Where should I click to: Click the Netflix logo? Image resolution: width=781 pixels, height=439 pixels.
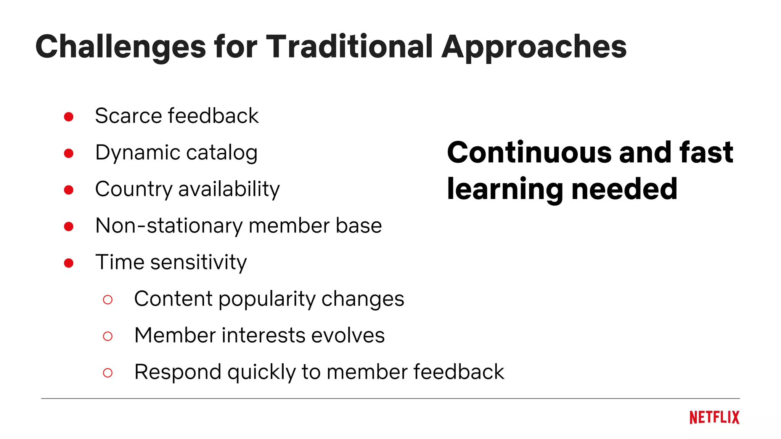[x=714, y=418]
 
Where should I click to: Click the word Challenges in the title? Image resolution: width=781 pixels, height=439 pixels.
[x=121, y=47]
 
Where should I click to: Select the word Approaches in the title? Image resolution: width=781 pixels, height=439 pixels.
[x=534, y=47]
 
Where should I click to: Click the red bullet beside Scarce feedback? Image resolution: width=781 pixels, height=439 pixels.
[x=69, y=117]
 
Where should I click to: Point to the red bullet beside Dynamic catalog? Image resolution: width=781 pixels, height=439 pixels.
[x=69, y=153]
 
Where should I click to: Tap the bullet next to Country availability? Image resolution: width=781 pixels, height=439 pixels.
[x=69, y=190]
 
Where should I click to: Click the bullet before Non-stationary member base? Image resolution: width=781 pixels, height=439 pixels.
[x=69, y=226]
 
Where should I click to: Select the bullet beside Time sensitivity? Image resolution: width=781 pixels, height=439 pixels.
[x=69, y=263]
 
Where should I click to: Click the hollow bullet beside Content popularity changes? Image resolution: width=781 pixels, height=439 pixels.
[x=108, y=300]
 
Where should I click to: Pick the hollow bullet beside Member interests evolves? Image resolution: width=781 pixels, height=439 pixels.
[x=108, y=336]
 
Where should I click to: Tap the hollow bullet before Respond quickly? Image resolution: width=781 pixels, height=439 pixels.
[x=108, y=373]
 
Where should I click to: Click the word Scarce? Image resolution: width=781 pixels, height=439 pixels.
[x=128, y=116]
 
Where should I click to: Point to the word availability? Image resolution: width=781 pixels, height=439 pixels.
[x=229, y=189]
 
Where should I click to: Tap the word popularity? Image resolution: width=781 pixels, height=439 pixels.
[x=267, y=300]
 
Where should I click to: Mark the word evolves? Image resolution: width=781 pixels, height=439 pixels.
[x=348, y=335]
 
